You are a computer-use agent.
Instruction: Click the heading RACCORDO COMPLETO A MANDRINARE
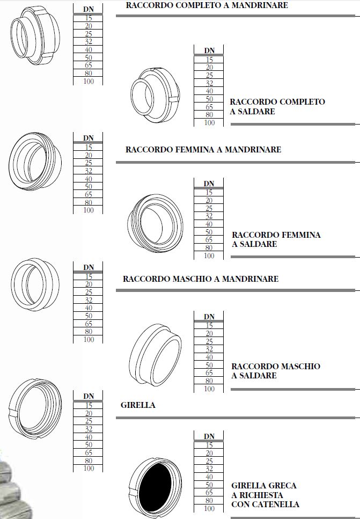pyautogui.click(x=207, y=5)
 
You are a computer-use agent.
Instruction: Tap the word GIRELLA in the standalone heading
pyautogui.click(x=138, y=405)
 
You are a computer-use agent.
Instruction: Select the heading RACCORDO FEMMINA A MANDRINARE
pyautogui.click(x=203, y=150)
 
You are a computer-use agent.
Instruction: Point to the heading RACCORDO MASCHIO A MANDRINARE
pyautogui.click(x=201, y=279)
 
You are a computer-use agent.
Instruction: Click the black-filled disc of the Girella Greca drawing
pyautogui.click(x=155, y=487)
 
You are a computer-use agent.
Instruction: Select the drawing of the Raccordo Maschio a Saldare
pyautogui.click(x=155, y=355)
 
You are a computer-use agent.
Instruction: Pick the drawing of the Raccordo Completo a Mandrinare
pyautogui.click(x=35, y=35)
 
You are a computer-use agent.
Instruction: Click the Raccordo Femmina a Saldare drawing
pyautogui.click(x=155, y=223)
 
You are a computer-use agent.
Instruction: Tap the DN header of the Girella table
pyautogui.click(x=89, y=396)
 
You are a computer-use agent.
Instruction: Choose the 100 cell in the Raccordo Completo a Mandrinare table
pyautogui.click(x=89, y=81)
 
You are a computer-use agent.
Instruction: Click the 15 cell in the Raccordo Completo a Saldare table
pyautogui.click(x=209, y=60)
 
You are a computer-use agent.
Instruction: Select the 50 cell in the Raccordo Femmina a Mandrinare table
pyautogui.click(x=89, y=186)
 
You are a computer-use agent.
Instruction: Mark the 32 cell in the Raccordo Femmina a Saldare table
pyautogui.click(x=209, y=216)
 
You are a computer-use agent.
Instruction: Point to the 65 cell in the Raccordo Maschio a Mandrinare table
pyautogui.click(x=89, y=324)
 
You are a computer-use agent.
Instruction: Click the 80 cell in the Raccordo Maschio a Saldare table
pyautogui.click(x=209, y=381)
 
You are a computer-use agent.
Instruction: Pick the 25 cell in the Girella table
pyautogui.click(x=89, y=421)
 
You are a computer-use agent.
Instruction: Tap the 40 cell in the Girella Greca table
pyautogui.click(x=209, y=477)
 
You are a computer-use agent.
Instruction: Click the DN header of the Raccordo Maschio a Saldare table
pyautogui.click(x=209, y=317)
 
